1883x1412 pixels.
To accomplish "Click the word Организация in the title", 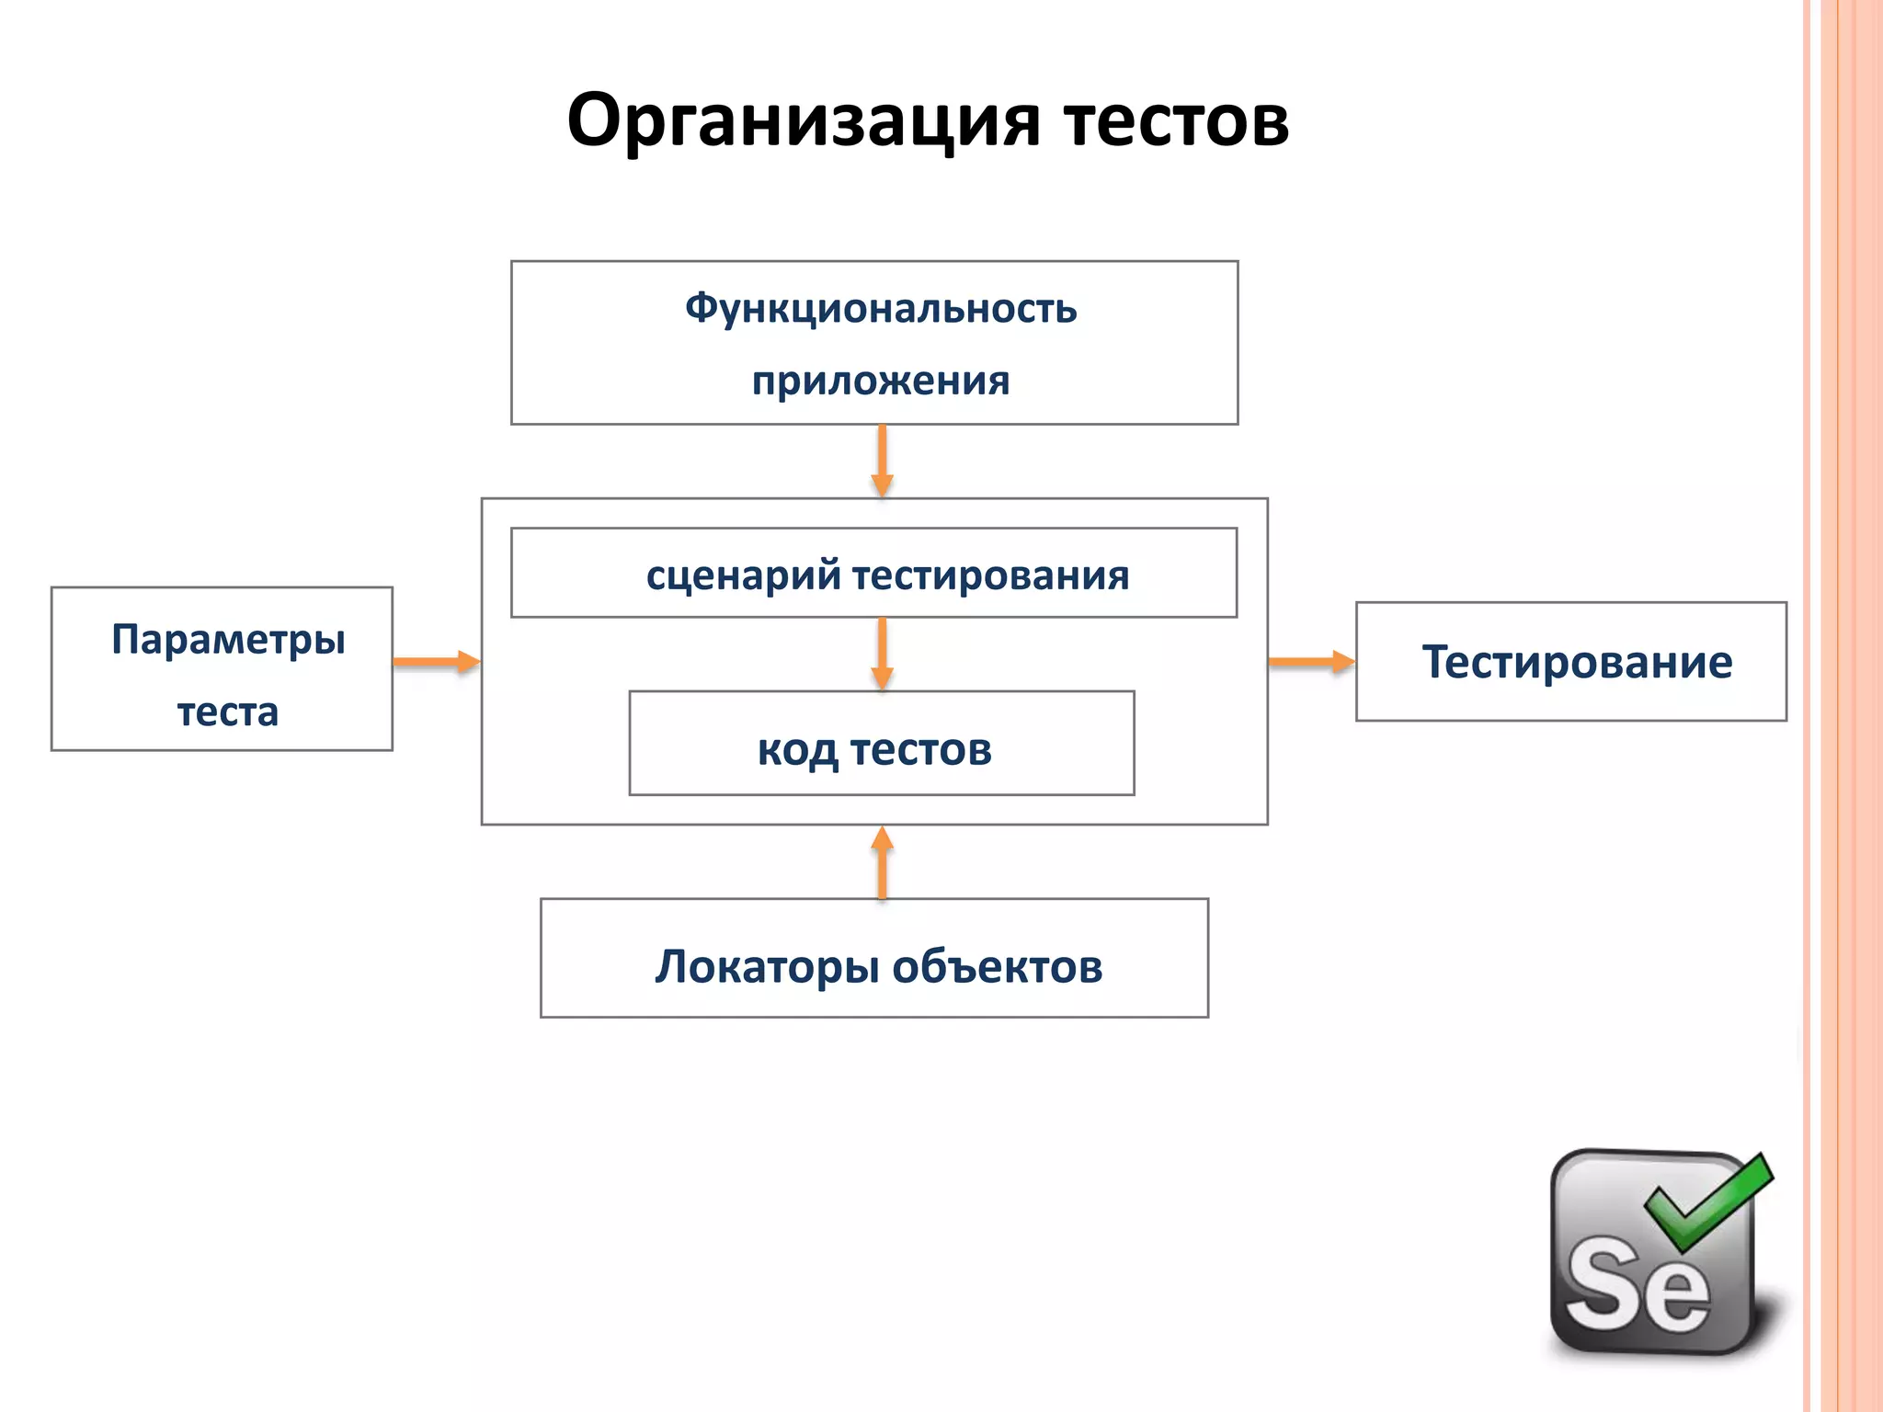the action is coord(804,120).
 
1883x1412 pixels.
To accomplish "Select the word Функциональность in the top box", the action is coord(880,308).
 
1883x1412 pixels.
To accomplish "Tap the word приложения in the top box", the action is coord(880,381).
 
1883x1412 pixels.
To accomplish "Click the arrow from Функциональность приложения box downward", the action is coord(882,461).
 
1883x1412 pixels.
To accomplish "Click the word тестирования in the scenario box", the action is coord(990,575).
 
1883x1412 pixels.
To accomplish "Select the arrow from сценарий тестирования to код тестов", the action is coord(882,653).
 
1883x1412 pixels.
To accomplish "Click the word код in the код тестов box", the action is coord(796,749).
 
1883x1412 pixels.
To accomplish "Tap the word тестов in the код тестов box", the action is coord(920,749).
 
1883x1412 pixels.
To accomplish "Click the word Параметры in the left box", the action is coord(228,639).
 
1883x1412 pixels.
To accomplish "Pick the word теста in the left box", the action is coord(227,712).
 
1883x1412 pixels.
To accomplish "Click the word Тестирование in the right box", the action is coord(1576,662).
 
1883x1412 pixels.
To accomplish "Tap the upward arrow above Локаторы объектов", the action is coord(882,862).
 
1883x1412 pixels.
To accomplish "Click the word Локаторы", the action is coord(766,967).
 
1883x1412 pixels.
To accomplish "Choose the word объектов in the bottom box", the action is coord(997,967).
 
